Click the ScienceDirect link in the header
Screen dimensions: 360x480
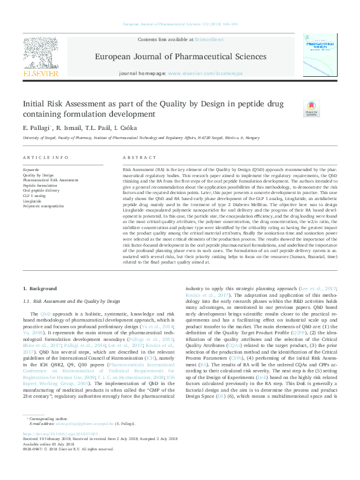(208, 39)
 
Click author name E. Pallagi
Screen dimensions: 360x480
(37, 128)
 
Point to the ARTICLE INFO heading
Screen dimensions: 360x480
(45, 157)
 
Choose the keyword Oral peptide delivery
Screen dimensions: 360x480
(41, 190)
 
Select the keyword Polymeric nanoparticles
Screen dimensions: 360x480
(43, 206)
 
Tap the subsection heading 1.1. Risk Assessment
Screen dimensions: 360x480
(71, 300)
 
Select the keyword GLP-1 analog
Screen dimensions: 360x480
(34, 195)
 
